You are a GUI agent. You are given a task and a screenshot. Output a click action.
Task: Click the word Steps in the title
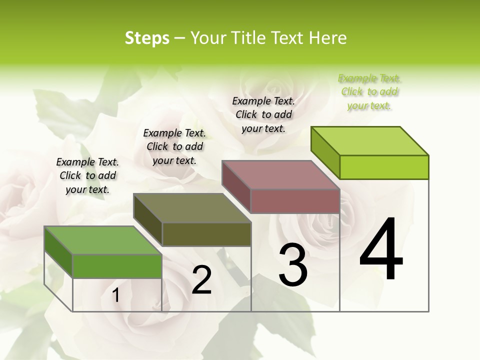point(147,38)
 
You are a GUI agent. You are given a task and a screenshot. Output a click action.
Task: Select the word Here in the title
point(328,38)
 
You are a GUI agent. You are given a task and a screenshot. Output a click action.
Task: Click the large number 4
point(381,250)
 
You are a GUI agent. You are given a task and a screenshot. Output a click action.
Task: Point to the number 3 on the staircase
point(293,265)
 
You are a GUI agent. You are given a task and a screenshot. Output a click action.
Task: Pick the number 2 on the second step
point(201,280)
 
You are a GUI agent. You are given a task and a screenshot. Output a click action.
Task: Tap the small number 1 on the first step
point(116,295)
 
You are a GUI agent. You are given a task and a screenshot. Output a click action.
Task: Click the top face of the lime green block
point(370,140)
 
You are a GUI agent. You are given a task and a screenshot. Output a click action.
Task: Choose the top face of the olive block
point(192,208)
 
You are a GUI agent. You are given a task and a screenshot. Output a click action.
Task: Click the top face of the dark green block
point(103,240)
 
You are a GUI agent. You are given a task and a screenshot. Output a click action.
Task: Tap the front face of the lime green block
point(384,167)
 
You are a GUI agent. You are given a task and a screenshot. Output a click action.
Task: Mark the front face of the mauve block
point(295,201)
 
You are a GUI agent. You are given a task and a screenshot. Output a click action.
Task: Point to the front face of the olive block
point(206,234)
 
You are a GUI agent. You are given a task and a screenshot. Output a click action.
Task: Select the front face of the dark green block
point(117,266)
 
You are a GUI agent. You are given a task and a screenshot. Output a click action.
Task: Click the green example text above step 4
point(369,92)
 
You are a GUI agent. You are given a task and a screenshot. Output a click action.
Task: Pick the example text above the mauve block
point(263,115)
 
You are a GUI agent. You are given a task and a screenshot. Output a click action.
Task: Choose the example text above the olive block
point(174,147)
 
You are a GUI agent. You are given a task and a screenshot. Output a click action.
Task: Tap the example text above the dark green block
point(87,176)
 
